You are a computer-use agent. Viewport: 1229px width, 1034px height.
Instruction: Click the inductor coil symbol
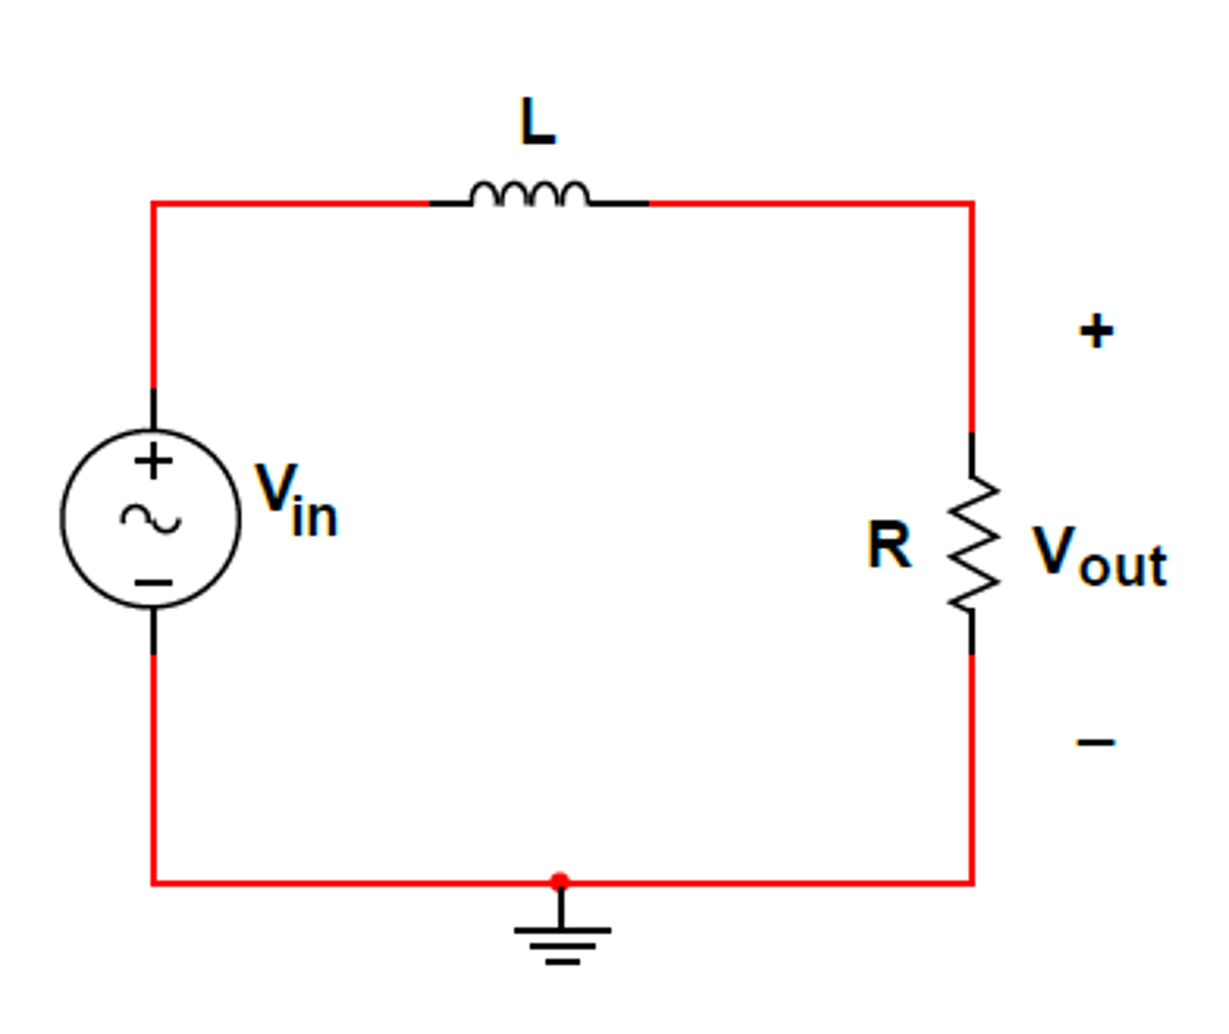point(530,193)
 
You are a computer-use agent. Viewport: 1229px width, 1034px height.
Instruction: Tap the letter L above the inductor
point(538,122)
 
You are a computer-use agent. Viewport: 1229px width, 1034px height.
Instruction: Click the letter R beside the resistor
point(888,544)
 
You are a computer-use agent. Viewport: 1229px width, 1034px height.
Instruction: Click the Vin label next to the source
point(296,500)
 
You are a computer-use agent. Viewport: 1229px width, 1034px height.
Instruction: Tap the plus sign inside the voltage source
point(154,461)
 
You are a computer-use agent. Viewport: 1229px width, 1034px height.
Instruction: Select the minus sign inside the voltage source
point(154,582)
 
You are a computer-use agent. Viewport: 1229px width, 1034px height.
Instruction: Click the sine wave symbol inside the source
point(151,519)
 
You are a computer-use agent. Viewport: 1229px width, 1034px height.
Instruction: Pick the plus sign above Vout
point(1096,331)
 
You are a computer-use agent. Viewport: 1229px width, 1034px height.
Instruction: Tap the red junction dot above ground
point(560,881)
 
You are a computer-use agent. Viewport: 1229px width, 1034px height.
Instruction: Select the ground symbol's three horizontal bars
point(562,946)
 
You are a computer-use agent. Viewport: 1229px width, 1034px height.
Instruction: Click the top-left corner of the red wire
point(154,204)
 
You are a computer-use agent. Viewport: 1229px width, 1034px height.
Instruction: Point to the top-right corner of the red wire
point(971,204)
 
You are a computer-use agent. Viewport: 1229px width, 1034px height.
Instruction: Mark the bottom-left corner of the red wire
point(154,883)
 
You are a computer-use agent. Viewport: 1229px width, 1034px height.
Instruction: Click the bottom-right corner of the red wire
point(971,883)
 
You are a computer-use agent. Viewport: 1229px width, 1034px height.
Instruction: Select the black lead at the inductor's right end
point(619,204)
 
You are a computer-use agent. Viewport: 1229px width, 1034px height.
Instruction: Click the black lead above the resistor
point(971,453)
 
